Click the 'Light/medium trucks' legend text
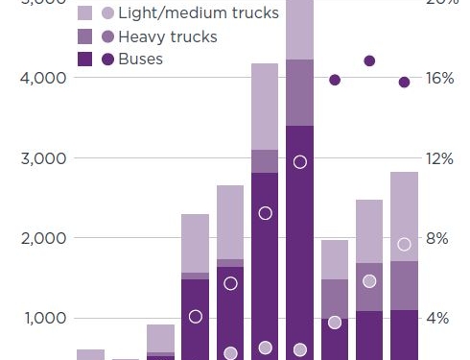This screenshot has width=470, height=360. [x=198, y=13]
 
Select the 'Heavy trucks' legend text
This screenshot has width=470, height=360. [x=167, y=36]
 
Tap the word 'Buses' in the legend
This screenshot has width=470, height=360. [x=140, y=60]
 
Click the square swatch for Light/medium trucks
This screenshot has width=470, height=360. [x=84, y=13]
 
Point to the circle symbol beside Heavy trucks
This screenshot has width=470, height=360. [x=106, y=36]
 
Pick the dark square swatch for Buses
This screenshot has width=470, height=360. [x=84, y=60]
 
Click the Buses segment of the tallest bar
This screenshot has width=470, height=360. [x=299, y=240]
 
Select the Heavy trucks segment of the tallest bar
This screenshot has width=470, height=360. [x=299, y=92]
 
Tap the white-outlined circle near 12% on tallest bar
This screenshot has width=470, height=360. [x=299, y=161]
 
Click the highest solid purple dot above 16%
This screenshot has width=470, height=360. [x=369, y=60]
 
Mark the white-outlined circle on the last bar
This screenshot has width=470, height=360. [x=404, y=244]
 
